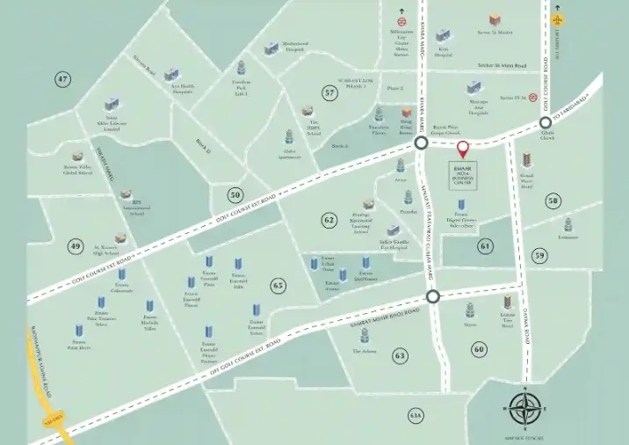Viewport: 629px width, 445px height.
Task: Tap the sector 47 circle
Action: [x=62, y=80]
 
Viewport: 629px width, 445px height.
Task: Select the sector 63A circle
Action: [x=416, y=414]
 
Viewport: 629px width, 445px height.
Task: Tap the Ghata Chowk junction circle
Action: [x=546, y=123]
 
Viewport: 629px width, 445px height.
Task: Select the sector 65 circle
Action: [x=278, y=285]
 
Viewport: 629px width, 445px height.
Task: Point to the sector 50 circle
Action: [x=234, y=194]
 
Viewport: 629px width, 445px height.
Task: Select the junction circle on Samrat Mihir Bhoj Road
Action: [x=433, y=297]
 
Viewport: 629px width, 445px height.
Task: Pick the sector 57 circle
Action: [x=329, y=92]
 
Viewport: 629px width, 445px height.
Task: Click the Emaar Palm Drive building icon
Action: [x=80, y=332]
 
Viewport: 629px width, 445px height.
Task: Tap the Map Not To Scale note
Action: [x=524, y=437]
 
